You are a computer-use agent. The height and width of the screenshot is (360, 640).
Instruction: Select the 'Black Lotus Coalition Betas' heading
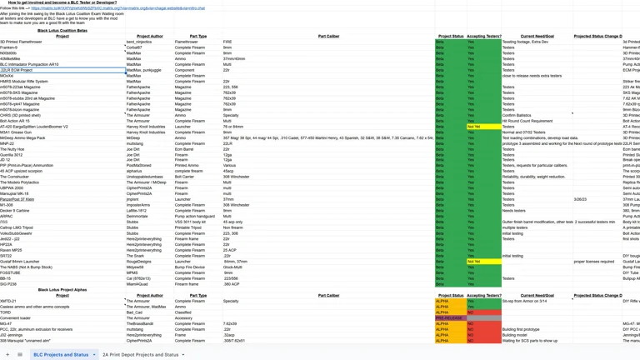(x=62, y=30)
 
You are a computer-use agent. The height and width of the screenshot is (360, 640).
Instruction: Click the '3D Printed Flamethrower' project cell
(x=21, y=42)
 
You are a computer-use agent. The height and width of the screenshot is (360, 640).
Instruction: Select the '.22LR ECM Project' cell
(x=17, y=70)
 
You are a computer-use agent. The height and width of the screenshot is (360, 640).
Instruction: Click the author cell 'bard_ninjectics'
(x=139, y=42)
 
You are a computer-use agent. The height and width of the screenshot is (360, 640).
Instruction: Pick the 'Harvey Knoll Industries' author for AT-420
(x=146, y=127)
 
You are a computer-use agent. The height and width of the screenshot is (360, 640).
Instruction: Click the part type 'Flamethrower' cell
(x=187, y=42)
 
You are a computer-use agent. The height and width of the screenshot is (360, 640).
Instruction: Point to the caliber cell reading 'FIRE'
(x=227, y=42)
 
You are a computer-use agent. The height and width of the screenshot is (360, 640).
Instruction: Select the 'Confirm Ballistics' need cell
(x=517, y=115)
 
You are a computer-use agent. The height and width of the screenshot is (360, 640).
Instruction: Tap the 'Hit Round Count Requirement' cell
(x=527, y=121)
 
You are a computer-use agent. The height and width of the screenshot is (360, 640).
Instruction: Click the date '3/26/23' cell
(x=580, y=199)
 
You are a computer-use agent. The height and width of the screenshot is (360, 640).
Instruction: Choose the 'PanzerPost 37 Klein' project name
(x=17, y=199)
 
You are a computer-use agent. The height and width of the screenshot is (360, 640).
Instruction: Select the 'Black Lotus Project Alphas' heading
(x=62, y=289)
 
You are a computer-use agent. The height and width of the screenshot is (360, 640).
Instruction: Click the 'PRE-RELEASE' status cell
(x=449, y=317)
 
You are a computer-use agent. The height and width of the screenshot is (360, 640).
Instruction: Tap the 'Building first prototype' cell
(x=521, y=329)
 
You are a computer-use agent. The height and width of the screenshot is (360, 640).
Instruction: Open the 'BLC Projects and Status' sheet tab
(x=61, y=354)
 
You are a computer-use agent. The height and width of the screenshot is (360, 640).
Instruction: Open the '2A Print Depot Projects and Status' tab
(x=141, y=354)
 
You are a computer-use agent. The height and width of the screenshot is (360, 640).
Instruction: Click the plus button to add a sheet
(x=7, y=354)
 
